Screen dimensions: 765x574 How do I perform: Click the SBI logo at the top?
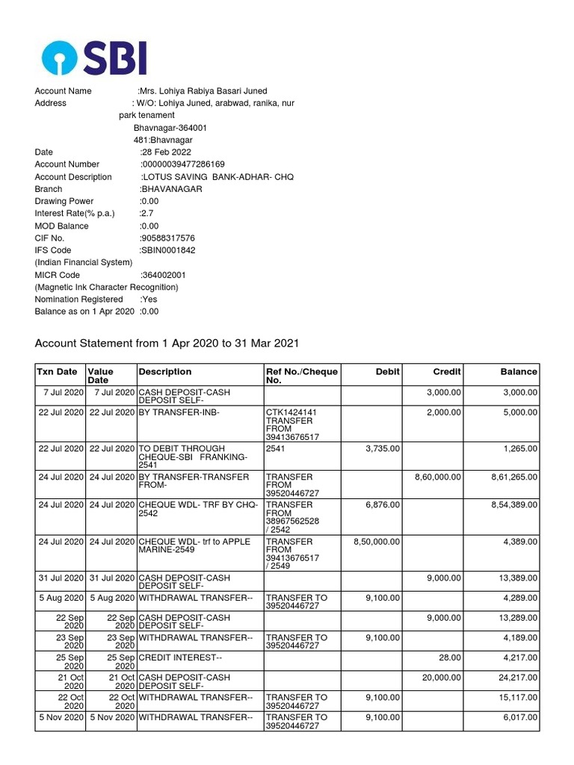tap(94, 58)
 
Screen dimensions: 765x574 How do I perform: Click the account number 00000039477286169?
tap(183, 164)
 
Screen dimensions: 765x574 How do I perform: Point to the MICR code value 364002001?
tap(164, 275)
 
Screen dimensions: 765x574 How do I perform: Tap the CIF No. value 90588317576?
tap(168, 238)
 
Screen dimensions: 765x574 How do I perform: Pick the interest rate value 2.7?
tap(147, 213)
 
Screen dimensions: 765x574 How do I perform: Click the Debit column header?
tap(388, 371)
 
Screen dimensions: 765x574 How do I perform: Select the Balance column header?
tap(518, 371)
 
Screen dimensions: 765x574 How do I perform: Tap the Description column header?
tap(164, 371)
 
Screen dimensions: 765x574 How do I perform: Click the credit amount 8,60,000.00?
tap(437, 477)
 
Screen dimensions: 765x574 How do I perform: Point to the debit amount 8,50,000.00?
tap(376, 542)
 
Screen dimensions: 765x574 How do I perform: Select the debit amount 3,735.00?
tap(383, 448)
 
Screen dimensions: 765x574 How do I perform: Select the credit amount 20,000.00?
tap(442, 678)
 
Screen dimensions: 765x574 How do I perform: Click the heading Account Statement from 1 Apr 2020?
tap(167, 344)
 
